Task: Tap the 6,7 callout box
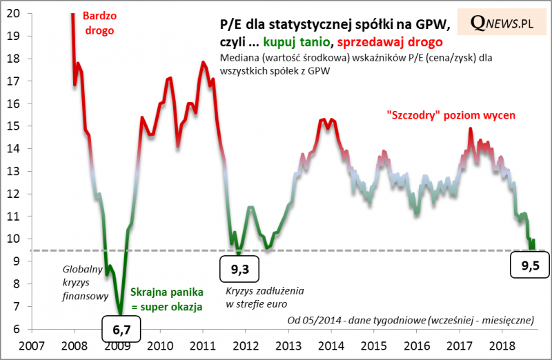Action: tap(121, 330)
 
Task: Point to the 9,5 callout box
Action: tap(528, 264)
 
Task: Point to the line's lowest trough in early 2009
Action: tap(120, 312)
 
